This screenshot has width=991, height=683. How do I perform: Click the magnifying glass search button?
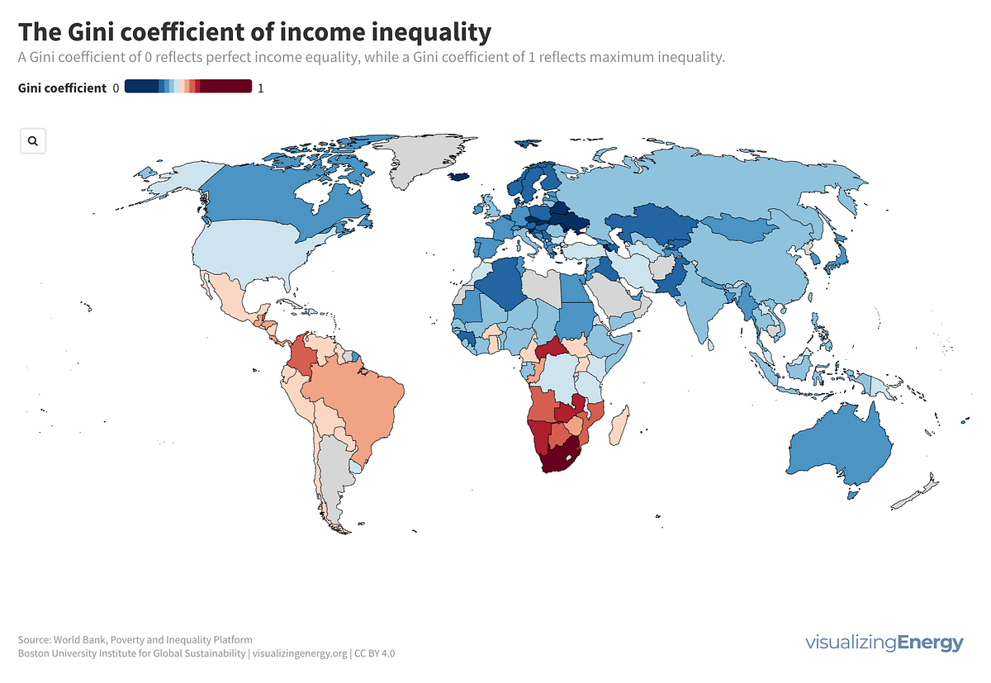click(x=33, y=141)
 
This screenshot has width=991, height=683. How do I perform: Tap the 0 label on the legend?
click(x=116, y=88)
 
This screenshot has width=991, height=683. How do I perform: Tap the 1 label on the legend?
click(x=261, y=88)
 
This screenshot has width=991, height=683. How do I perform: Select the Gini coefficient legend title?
click(x=62, y=88)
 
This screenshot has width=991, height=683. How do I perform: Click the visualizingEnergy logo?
click(x=884, y=643)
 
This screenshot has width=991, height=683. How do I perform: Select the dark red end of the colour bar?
click(x=231, y=87)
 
